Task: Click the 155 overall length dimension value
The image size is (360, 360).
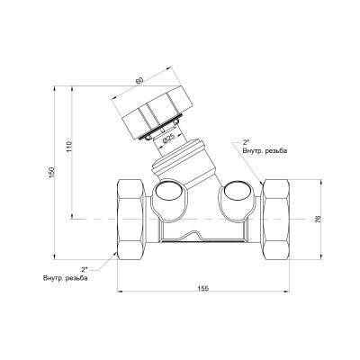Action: pos(203,288)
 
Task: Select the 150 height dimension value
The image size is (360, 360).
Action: pos(52,173)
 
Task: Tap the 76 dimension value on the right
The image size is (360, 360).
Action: pos(319,219)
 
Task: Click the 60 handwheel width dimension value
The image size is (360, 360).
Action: pos(139,80)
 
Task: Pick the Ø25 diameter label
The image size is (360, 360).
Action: pos(168,139)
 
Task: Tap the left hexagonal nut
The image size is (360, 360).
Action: pos(130,220)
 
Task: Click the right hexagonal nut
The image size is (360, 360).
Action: pos(276,220)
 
